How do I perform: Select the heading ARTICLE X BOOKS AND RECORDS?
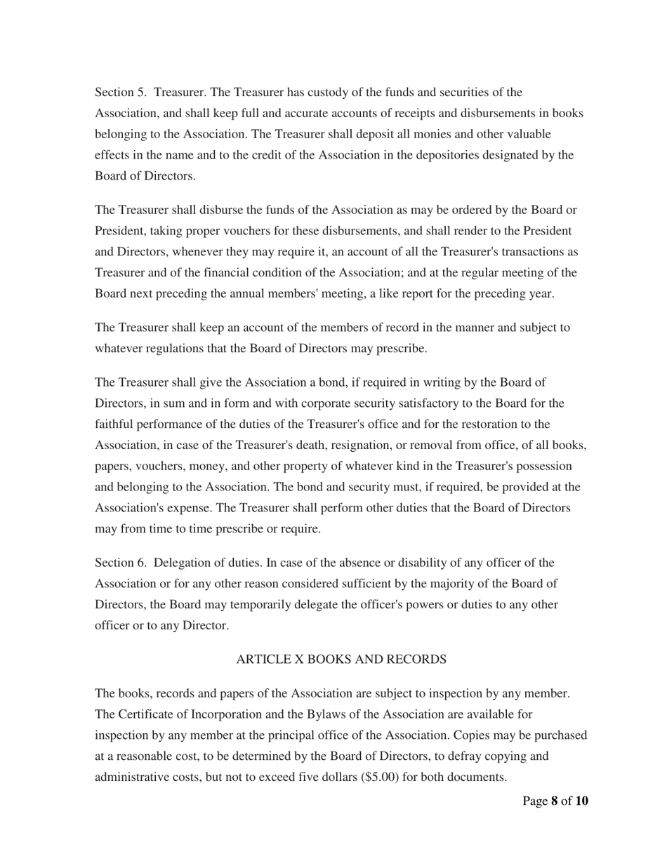coord(341,660)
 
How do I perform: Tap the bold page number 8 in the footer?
coord(554,801)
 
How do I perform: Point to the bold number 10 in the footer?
coord(581,801)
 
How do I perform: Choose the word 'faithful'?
coord(114,424)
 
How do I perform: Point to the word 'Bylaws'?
coord(343,714)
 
